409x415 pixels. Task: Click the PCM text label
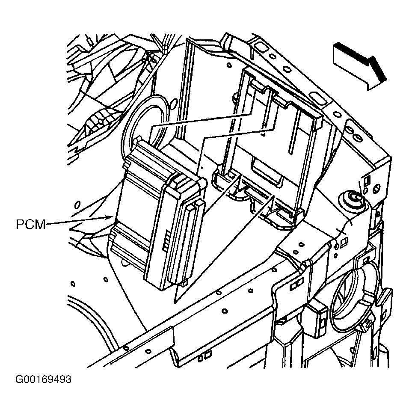31,225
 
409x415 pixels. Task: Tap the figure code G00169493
43,379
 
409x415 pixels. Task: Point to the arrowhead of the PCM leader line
111,218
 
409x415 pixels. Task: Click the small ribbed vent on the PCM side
166,240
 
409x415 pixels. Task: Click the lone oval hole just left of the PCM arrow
77,205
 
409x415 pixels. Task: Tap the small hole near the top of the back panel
229,64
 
